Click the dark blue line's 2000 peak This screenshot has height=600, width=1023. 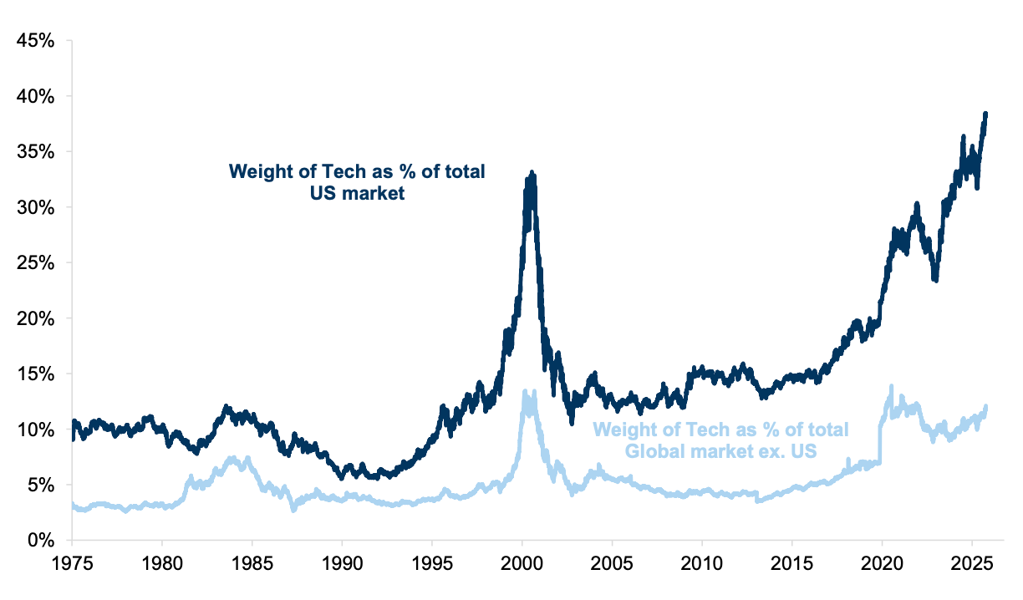coord(532,173)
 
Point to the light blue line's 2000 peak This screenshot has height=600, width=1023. coord(525,390)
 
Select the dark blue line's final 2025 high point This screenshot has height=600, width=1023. coord(985,114)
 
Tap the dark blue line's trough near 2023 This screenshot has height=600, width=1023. coord(935,280)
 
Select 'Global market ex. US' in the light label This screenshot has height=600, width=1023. coord(721,450)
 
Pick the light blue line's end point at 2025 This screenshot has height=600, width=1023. coord(986,408)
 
